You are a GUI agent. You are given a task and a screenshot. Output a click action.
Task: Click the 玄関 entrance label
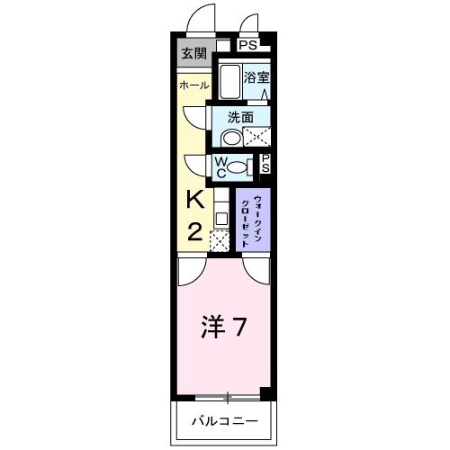point(193,53)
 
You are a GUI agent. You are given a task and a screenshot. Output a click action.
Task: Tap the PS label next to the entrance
point(247,44)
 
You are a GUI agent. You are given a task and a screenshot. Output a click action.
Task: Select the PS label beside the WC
point(265,163)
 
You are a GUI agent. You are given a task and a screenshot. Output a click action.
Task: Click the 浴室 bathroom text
point(256,78)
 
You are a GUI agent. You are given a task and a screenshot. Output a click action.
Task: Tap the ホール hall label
point(194,85)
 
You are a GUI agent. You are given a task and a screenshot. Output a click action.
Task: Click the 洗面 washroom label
point(239,117)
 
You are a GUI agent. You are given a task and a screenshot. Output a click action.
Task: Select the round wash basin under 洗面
point(231,138)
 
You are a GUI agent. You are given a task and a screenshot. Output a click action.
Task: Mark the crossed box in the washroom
point(257,137)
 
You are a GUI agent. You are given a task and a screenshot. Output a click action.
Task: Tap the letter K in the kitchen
point(195,200)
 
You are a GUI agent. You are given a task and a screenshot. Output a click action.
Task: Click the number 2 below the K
point(195,231)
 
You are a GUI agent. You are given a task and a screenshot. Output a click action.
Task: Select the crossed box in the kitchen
point(219,240)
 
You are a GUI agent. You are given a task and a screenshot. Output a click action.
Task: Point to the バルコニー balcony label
point(224,421)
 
